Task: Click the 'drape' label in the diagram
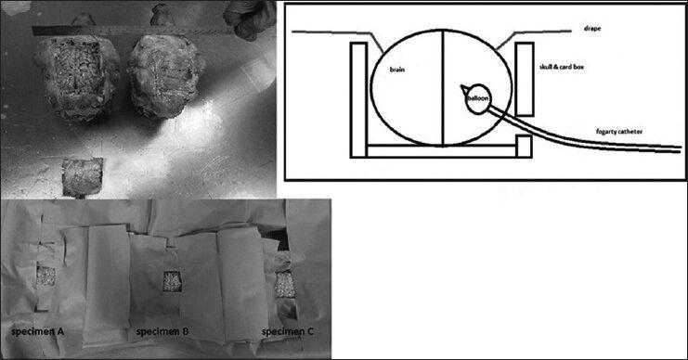(x=592, y=29)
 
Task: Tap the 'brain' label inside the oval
(x=397, y=70)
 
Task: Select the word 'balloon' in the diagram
(x=478, y=98)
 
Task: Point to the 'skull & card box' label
(x=562, y=67)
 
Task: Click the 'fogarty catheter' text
(x=619, y=131)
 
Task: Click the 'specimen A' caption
(x=38, y=331)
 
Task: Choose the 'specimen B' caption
(x=162, y=331)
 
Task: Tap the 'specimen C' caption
(x=288, y=331)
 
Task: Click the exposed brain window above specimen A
(x=45, y=276)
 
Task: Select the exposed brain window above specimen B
(x=173, y=281)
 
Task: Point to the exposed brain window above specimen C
(x=284, y=285)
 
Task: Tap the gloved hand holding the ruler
(x=249, y=18)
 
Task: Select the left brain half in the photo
(x=77, y=78)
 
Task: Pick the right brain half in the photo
(x=166, y=76)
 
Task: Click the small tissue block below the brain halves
(x=83, y=177)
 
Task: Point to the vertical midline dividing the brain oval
(x=442, y=88)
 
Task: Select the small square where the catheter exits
(x=524, y=147)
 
